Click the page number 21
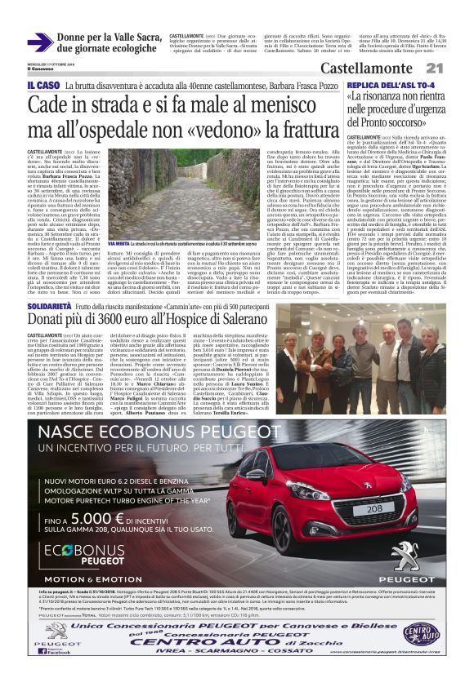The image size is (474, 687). (x=456, y=68)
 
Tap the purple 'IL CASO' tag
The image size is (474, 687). (x=42, y=86)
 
